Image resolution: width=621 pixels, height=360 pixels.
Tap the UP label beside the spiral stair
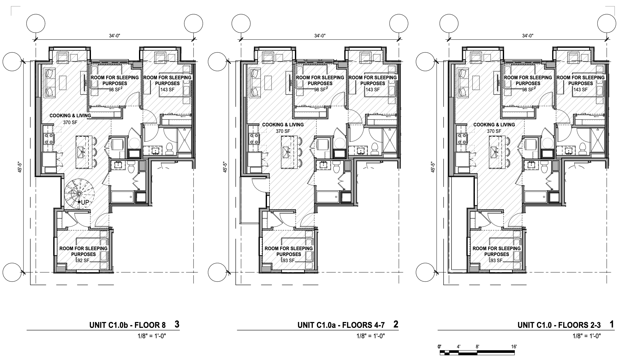85,202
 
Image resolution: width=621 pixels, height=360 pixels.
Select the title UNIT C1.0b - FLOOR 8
127,325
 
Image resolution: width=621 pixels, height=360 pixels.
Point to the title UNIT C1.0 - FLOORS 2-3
559,325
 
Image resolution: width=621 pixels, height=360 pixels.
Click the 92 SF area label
83,260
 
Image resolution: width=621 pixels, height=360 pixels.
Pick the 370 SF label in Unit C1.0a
283,131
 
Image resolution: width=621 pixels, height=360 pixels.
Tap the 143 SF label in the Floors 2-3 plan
580,89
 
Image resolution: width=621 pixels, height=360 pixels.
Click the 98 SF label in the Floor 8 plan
114,89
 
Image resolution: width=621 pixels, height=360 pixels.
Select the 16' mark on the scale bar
513,347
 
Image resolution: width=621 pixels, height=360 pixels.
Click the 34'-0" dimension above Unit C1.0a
320,35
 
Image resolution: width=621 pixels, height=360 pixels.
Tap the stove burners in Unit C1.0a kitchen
254,138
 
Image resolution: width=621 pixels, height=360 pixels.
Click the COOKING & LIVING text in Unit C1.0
494,124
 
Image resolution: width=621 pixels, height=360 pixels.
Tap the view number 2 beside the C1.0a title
395,324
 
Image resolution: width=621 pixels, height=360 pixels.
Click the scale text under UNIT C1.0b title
152,336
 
